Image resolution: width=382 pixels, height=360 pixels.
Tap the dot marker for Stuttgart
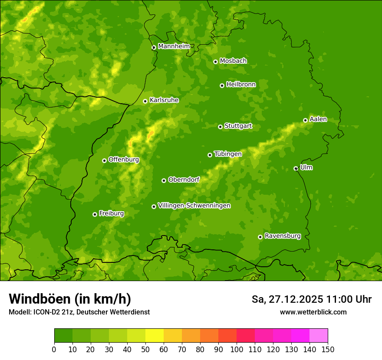[220, 127]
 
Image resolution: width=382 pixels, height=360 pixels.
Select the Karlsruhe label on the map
[164, 100]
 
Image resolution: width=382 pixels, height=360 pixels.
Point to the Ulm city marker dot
[296, 168]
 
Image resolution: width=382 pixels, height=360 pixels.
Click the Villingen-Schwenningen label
[194, 206]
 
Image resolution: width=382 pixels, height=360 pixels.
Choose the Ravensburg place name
[282, 236]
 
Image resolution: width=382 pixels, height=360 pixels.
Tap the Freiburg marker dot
[95, 214]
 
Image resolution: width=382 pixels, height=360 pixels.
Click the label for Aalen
[318, 119]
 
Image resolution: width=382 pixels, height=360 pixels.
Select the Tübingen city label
[227, 154]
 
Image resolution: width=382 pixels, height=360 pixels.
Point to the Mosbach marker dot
[215, 62]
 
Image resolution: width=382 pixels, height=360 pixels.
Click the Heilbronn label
[240, 85]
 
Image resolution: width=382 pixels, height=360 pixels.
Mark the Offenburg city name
[123, 160]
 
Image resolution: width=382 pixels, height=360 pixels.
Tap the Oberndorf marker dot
[164, 180]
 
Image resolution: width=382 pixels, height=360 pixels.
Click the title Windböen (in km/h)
[69, 299]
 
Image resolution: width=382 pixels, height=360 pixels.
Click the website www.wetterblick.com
[313, 312]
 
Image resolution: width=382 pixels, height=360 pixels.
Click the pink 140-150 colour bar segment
[319, 336]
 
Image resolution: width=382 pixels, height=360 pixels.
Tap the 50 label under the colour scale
[145, 349]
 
